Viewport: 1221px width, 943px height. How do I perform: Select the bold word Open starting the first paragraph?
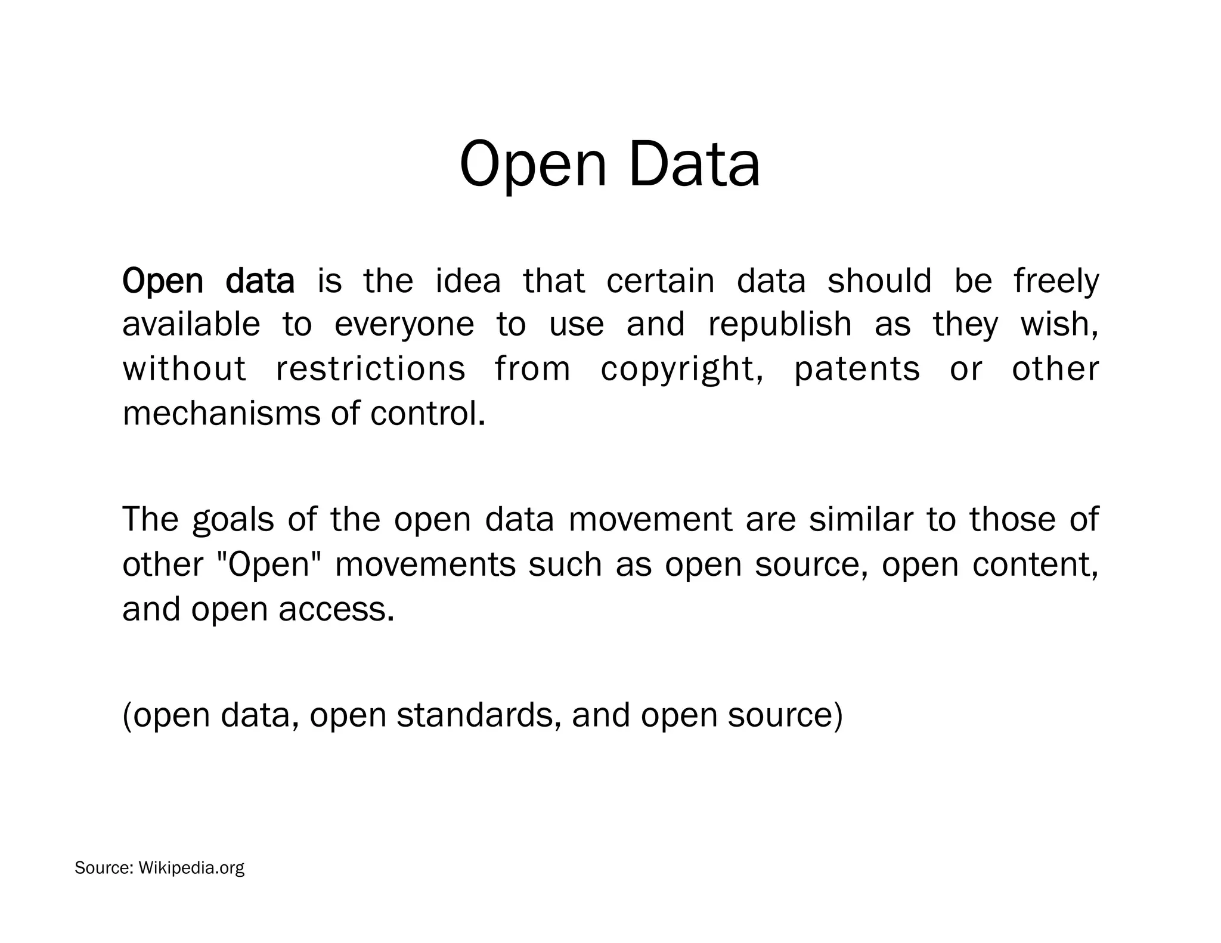(162, 282)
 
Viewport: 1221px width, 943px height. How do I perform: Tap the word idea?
(468, 281)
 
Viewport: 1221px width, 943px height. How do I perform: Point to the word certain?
(660, 281)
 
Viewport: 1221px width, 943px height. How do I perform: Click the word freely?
(1056, 282)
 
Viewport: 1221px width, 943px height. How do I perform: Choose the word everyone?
(404, 325)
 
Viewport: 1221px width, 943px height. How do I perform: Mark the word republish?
(780, 325)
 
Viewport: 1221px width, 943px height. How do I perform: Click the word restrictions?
(370, 368)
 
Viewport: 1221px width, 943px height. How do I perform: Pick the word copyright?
(681, 370)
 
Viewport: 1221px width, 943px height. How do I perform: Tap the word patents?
(857, 370)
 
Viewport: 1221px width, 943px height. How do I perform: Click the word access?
(336, 609)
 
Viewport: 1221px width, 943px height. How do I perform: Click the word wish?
(1059, 325)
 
